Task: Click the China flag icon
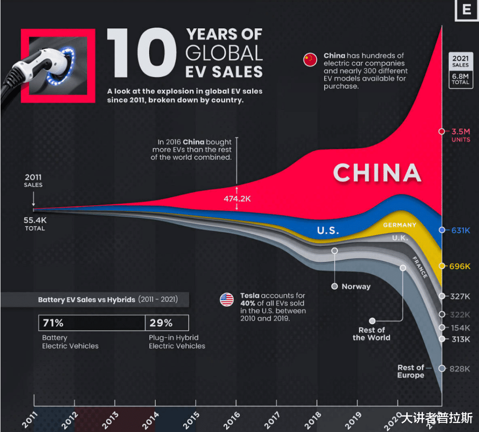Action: coord(310,60)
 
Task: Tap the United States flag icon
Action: coord(227,300)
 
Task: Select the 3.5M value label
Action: coord(460,131)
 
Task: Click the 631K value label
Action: coord(461,230)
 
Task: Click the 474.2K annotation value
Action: coord(237,199)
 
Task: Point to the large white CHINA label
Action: coord(377,173)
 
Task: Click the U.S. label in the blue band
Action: coord(328,231)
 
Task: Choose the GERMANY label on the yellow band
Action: coord(400,225)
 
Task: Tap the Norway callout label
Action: coord(356,287)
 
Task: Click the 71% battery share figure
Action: coord(53,323)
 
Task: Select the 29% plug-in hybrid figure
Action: coord(161,323)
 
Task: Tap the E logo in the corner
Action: coord(467,10)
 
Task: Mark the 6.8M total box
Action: coord(460,79)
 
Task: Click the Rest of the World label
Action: coord(371,333)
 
